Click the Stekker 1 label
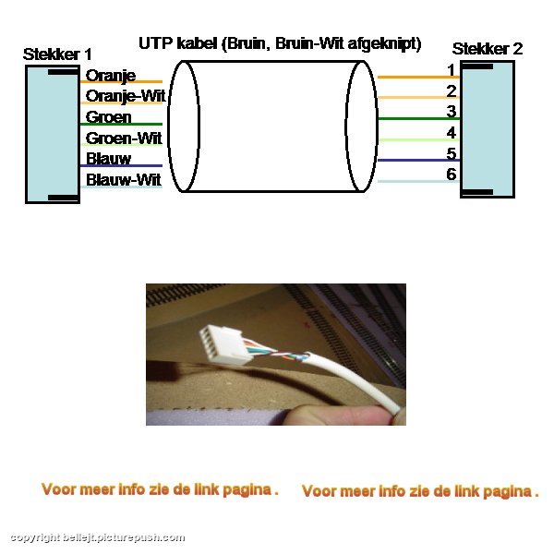(57, 54)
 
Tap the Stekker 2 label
(488, 49)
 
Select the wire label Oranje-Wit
(126, 96)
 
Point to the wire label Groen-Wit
(124, 138)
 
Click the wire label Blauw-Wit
(124, 180)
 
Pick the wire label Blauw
(108, 159)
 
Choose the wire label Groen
(108, 117)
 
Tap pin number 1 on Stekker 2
(452, 70)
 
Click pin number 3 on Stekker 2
(452, 112)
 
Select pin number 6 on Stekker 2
(452, 175)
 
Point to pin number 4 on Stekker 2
(452, 133)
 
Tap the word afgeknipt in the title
(384, 44)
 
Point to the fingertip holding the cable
(339, 415)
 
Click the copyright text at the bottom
(98, 537)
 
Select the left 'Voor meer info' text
(160, 489)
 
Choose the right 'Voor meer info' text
(420, 491)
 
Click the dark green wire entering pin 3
(418, 119)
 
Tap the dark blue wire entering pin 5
(418, 161)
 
